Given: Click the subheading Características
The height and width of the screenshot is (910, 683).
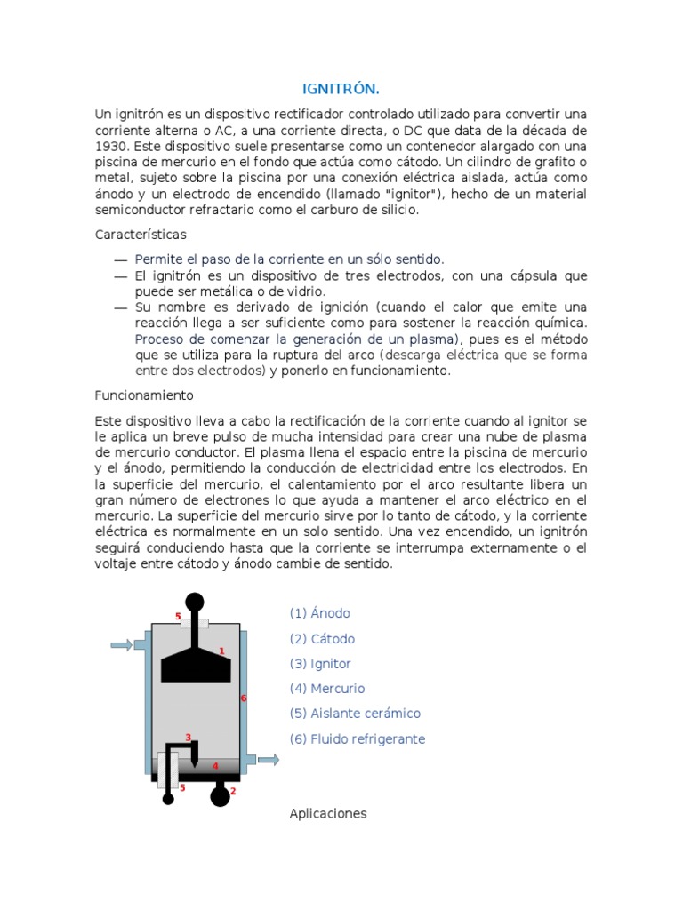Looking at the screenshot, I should point(141,234).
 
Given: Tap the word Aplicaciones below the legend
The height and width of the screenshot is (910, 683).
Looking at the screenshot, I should point(328,813).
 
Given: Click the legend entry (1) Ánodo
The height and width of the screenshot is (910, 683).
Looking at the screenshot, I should point(320,613).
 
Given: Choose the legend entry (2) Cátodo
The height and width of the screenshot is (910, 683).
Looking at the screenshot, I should point(322,638).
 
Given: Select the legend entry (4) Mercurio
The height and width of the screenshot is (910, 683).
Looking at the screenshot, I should point(327,688).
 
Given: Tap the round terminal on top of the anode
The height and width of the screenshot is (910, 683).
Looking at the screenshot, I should point(194,602).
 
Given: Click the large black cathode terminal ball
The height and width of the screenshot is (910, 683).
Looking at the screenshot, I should point(220,795).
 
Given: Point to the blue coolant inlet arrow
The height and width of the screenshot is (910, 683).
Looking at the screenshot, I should point(121,644).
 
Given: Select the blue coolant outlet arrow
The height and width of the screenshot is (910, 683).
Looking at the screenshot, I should point(267,759).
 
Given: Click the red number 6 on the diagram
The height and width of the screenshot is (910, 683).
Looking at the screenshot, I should point(243,698).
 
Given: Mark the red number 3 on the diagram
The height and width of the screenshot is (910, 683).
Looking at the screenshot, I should point(188,737).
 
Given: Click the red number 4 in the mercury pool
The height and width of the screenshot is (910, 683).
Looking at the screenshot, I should point(214,765).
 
